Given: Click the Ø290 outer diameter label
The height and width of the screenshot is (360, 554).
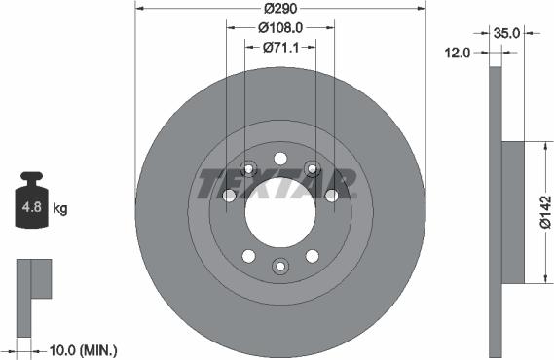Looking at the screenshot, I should (280, 8).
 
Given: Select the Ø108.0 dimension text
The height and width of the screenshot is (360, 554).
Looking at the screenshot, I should (280, 28).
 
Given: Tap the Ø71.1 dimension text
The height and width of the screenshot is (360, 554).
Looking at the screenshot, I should (280, 48).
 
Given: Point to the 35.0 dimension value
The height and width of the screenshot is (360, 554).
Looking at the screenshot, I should (506, 32).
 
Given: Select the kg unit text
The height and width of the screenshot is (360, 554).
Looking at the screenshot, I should (59, 208).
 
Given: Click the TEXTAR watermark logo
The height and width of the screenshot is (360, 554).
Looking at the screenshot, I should (278, 182).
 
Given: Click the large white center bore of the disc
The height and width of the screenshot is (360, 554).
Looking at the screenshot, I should (280, 212).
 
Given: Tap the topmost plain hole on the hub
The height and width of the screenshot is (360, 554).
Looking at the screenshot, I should (280, 159).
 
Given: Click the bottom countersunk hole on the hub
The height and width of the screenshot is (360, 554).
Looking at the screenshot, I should (280, 266).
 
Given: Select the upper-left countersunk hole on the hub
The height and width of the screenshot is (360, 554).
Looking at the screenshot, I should (248, 169).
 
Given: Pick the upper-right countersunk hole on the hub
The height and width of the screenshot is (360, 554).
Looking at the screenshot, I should (313, 169).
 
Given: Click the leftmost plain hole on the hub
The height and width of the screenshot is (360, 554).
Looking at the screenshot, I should (230, 196).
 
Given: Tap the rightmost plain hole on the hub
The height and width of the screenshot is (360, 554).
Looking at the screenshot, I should (331, 196).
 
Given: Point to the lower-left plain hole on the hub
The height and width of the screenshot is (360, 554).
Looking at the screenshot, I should (248, 256).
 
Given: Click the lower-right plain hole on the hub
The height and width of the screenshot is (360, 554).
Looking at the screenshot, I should (313, 256).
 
